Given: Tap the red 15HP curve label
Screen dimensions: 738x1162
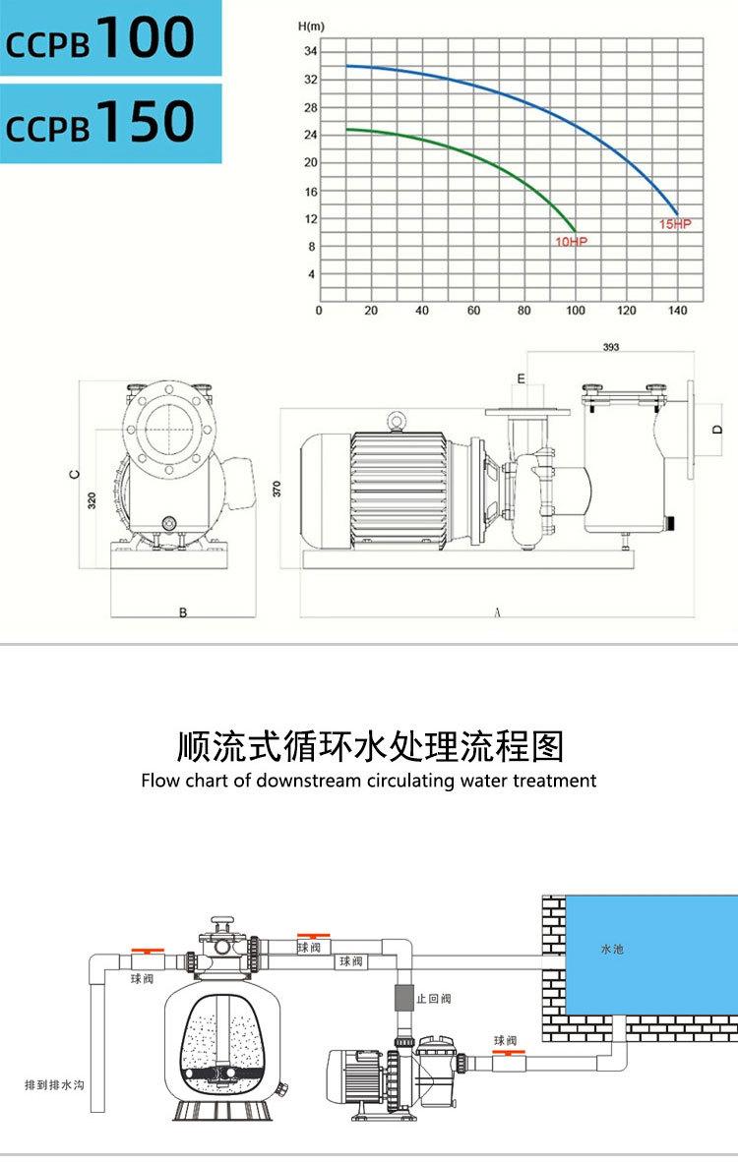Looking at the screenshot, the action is pyautogui.click(x=675, y=225).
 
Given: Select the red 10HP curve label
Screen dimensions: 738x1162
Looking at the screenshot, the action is pyautogui.click(x=571, y=241).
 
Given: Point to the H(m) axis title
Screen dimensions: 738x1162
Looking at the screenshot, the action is pyautogui.click(x=311, y=27).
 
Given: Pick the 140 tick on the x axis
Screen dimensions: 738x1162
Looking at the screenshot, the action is pyautogui.click(x=678, y=311).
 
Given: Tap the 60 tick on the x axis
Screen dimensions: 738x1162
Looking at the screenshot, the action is pyautogui.click(x=473, y=311).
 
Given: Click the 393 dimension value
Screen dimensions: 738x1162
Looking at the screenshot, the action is pyautogui.click(x=611, y=347).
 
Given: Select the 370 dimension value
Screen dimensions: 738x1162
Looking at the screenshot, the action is pyautogui.click(x=277, y=487).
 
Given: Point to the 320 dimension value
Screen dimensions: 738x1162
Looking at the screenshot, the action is pyautogui.click(x=92, y=499).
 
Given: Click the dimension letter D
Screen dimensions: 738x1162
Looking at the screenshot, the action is pyautogui.click(x=718, y=429).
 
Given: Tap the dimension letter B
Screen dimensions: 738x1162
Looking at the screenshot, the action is pyautogui.click(x=182, y=612).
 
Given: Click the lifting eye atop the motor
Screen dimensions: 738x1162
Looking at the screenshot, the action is pyautogui.click(x=397, y=421).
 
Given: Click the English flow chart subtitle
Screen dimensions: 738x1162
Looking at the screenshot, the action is pyautogui.click(x=369, y=781).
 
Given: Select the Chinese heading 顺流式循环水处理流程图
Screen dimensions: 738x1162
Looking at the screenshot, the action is pyautogui.click(x=369, y=747).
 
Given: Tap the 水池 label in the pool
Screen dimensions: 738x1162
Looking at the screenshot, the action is pyautogui.click(x=612, y=950).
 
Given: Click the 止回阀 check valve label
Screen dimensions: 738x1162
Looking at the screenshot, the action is pyautogui.click(x=434, y=999).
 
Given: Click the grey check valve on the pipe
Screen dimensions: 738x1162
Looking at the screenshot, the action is pyautogui.click(x=402, y=998).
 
